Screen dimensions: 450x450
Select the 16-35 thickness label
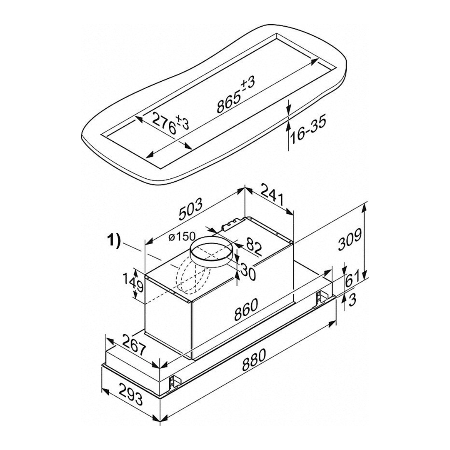(x=308, y=130)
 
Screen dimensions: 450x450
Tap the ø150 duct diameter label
(x=182, y=237)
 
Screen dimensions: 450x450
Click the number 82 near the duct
(x=253, y=247)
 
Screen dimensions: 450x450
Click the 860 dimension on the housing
(x=246, y=309)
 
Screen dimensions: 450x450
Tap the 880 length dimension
(x=254, y=360)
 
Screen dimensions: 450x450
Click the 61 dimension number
(x=352, y=279)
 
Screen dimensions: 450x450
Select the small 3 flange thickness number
(x=352, y=300)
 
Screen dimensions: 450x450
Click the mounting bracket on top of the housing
(x=232, y=224)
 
